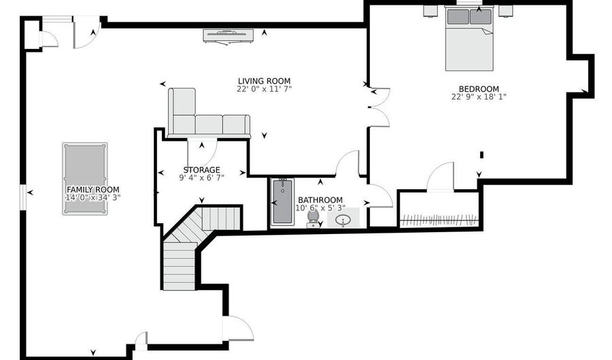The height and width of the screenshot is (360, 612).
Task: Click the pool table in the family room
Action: pyautogui.click(x=85, y=178)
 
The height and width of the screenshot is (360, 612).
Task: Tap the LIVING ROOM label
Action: pyautogui.click(x=265, y=81)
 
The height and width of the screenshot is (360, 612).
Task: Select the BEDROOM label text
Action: pyautogui.click(x=479, y=88)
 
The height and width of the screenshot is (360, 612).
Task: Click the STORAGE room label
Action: pyautogui.click(x=202, y=170)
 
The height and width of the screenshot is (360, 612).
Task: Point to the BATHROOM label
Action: pyautogui.click(x=320, y=200)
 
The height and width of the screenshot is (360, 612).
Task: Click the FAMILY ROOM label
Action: pyautogui.click(x=93, y=190)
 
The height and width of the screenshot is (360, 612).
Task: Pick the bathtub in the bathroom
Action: pyautogui.click(x=282, y=202)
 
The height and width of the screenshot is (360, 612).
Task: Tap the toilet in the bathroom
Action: pyautogui.click(x=313, y=219)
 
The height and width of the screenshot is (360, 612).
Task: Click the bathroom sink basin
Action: pyautogui.click(x=343, y=220)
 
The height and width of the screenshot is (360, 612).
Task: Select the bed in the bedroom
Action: pyautogui.click(x=469, y=38)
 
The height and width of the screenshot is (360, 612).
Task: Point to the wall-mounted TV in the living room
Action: pyautogui.click(x=228, y=35)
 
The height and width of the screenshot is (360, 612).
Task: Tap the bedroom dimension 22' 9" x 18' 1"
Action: pyautogui.click(x=479, y=97)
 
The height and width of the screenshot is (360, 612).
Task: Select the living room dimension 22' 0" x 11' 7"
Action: pyautogui.click(x=265, y=88)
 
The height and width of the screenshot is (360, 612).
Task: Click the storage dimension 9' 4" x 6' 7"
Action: pyautogui.click(x=202, y=178)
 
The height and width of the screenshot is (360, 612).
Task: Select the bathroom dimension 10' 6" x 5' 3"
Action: pyautogui.click(x=320, y=208)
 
